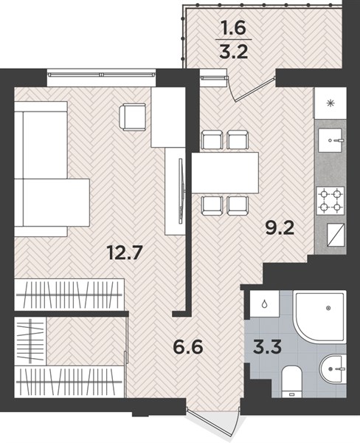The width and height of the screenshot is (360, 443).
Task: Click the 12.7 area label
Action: coord(124,252)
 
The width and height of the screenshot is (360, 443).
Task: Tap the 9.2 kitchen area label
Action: coord(280,227)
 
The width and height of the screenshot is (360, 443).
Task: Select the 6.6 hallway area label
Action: coord(188,347)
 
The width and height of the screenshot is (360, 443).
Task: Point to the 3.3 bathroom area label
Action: coord(267,347)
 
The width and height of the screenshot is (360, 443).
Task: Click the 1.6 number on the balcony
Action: coord(234,28)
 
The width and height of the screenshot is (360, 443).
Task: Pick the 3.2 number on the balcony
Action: coord(234,52)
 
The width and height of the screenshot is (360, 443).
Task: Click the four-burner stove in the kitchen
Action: coord(330,201)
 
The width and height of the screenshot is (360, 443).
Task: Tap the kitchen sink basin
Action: coord(330,140)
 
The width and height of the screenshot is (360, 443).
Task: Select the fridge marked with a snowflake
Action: coord(330,103)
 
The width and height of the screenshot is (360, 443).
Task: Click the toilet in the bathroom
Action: coord(292,382)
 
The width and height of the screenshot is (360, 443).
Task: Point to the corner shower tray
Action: coord(319,317)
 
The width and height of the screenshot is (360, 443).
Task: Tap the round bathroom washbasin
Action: coord(333,369)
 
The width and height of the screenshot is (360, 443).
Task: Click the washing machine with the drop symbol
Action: coord(265,304)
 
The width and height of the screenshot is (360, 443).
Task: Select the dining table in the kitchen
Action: coord(225,173)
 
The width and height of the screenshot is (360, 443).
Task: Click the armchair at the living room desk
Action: coord(133,117)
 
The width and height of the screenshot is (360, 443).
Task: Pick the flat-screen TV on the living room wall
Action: coord(181,191)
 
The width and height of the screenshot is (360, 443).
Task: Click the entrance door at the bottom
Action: coord(212,420)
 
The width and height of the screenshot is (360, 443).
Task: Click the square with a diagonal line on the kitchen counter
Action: coord(336,235)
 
